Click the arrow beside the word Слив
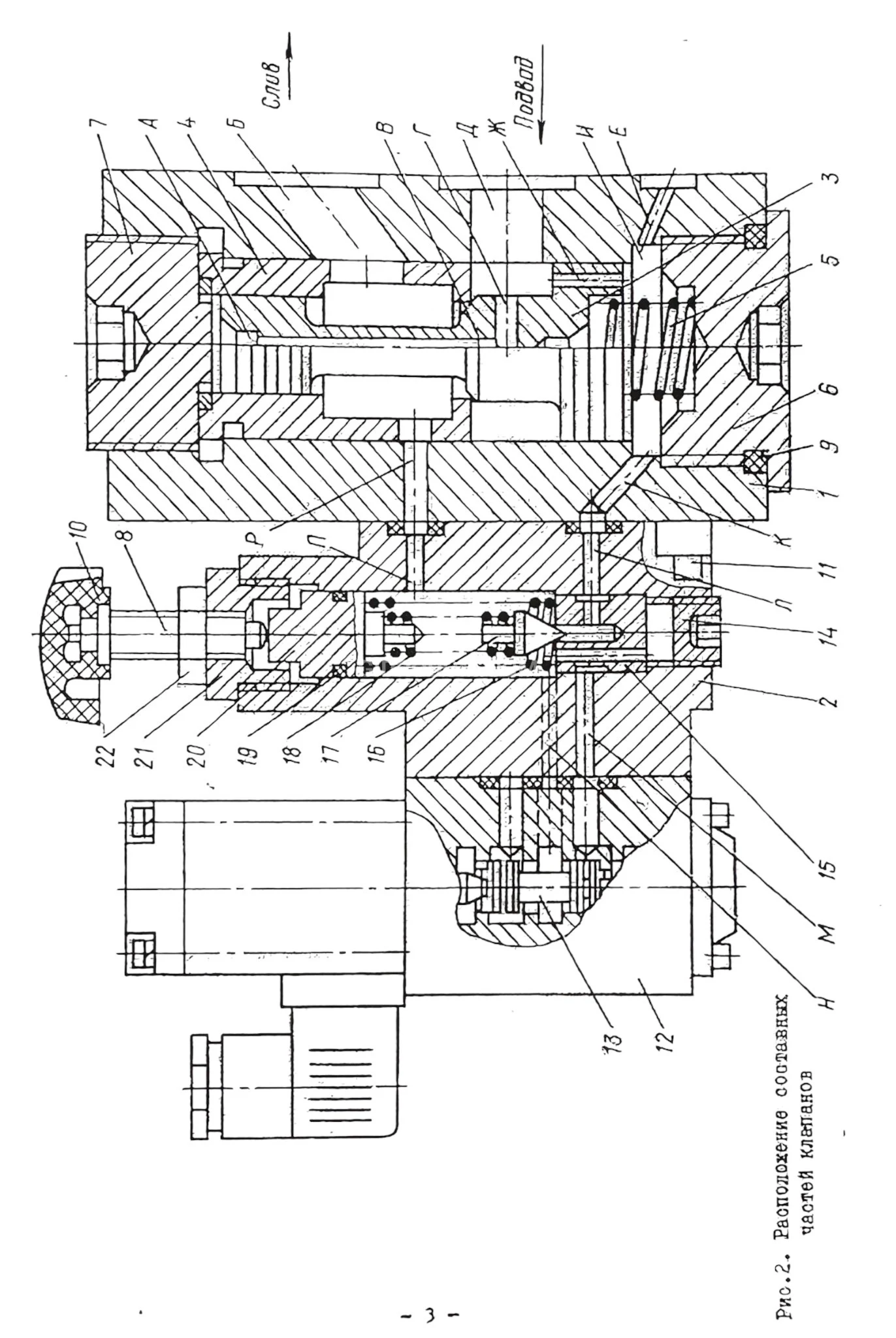coord(287,65)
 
